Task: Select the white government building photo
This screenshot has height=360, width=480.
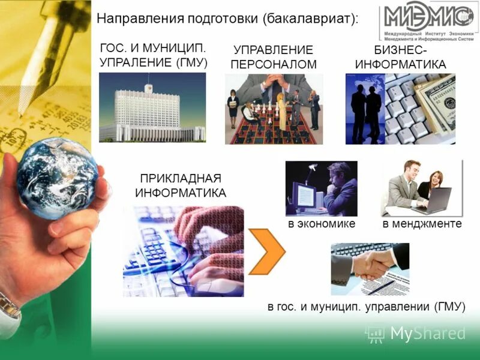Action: (x=152, y=108)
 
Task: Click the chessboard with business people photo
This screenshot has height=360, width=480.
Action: (x=274, y=109)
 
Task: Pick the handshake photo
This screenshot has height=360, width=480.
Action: (x=370, y=269)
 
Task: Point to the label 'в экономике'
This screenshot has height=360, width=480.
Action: (x=322, y=224)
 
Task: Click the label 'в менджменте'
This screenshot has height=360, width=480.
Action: (x=422, y=224)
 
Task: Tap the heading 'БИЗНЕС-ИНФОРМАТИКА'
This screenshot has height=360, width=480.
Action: (x=401, y=58)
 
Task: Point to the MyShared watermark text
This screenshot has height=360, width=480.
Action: (x=428, y=333)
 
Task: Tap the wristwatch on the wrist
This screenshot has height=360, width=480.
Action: (x=9, y=306)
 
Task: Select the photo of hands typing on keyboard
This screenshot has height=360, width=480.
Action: (x=184, y=251)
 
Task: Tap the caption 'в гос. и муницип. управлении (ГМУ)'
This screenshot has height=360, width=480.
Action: (x=366, y=306)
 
